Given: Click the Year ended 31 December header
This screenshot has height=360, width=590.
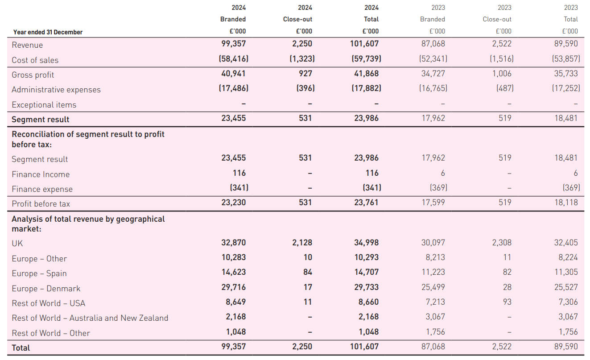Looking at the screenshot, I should click(x=48, y=32).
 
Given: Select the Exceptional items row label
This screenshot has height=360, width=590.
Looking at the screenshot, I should click(x=44, y=105).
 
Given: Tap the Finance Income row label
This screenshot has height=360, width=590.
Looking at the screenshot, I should click(x=41, y=174).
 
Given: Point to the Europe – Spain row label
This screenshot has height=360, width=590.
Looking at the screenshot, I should click(x=39, y=273).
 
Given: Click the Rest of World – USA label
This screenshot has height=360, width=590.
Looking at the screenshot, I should click(x=48, y=303).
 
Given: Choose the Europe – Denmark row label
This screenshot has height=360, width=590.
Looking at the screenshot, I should click(x=46, y=289).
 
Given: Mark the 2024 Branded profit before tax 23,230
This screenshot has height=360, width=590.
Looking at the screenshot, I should click(x=233, y=203).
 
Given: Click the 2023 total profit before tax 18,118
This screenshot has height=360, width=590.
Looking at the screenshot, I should click(x=565, y=203).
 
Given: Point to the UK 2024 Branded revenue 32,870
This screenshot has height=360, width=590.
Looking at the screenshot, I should click(x=233, y=243).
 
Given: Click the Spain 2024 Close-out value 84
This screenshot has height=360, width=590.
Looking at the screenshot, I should click(x=307, y=272).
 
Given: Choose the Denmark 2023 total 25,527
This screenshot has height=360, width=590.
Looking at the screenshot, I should click(x=565, y=287).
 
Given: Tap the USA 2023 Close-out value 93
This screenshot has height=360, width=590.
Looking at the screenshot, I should click(x=507, y=302).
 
